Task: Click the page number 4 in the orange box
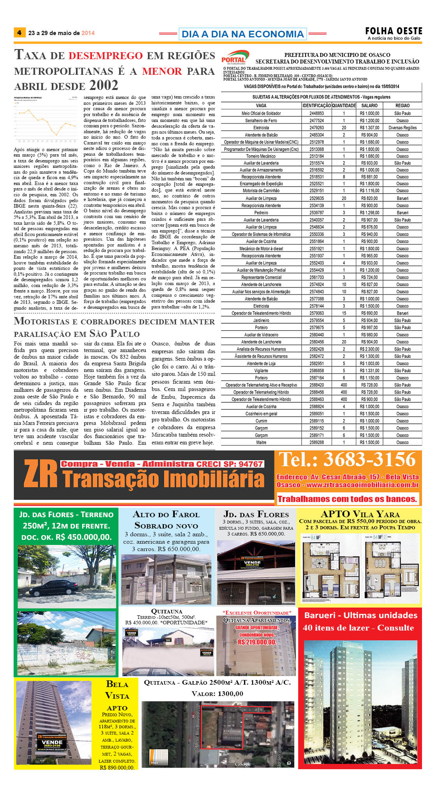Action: (x=19, y=33)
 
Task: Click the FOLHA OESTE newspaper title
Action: (x=394, y=31)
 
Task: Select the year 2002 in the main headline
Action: (x=104, y=85)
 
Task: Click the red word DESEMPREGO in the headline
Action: (x=105, y=56)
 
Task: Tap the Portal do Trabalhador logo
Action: (x=235, y=58)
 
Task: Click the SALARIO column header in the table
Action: (x=369, y=106)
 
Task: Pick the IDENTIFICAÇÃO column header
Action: (x=316, y=106)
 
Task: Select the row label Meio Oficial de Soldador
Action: (x=261, y=113)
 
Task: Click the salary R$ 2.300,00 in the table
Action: (x=369, y=349)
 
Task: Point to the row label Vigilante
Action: (x=261, y=371)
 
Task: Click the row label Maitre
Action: (x=261, y=442)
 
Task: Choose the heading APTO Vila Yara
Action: (x=360, y=514)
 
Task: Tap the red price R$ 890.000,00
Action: (x=117, y=768)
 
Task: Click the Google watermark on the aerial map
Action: (x=243, y=764)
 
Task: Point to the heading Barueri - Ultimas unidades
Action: (x=360, y=615)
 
